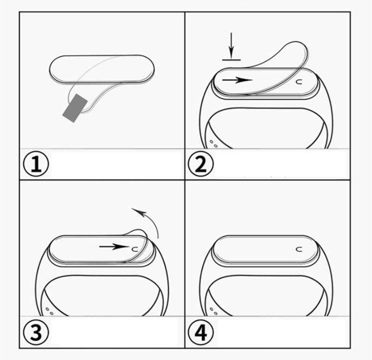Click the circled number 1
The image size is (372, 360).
pyautogui.click(x=36, y=164)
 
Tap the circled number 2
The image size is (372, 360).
pyautogui.click(x=200, y=164)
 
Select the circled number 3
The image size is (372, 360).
pyautogui.click(x=36, y=332)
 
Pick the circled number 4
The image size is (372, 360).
pyautogui.click(x=200, y=332)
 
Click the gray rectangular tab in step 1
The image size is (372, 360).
pyautogui.click(x=75, y=108)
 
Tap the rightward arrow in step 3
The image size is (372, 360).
pyautogui.click(x=114, y=247)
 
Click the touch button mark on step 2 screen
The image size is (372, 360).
pyautogui.click(x=299, y=82)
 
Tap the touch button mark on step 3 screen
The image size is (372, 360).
pyautogui.click(x=134, y=249)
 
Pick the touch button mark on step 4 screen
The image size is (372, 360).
pyautogui.click(x=299, y=249)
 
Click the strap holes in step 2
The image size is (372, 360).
pyautogui.click(x=213, y=144)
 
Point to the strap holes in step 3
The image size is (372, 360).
pyautogui.click(x=49, y=311)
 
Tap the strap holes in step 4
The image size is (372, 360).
pyautogui.click(x=213, y=311)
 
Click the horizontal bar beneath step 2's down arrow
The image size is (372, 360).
pyautogui.click(x=231, y=60)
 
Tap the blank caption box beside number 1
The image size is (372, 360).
pyautogui.click(x=116, y=164)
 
